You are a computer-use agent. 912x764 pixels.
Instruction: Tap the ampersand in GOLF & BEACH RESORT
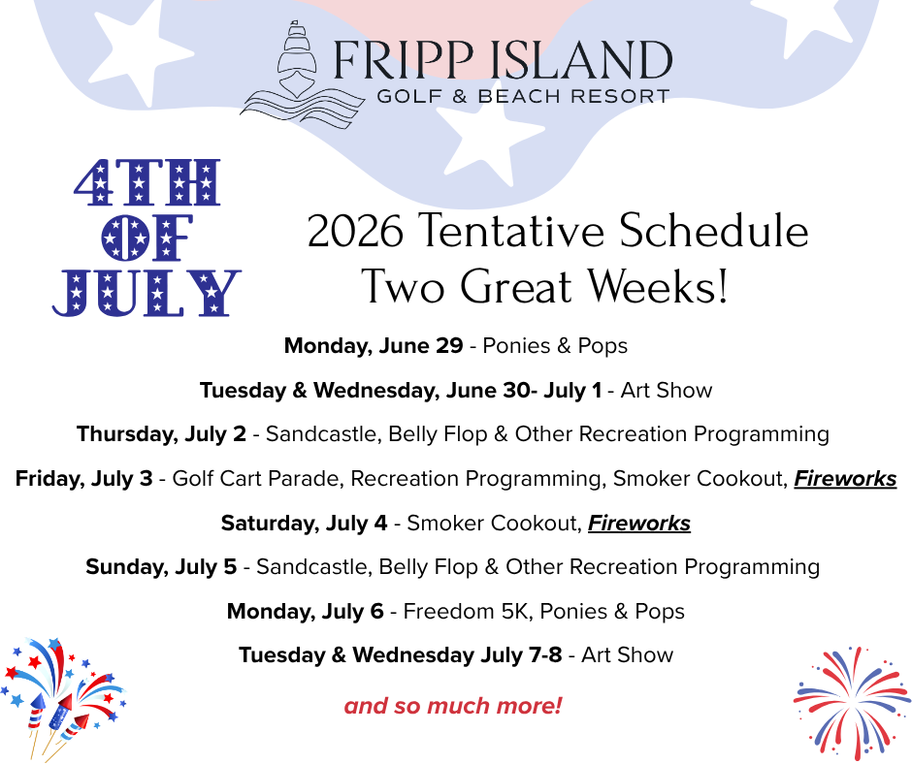pyautogui.click(x=460, y=96)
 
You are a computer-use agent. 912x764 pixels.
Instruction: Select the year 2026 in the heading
pyautogui.click(x=355, y=231)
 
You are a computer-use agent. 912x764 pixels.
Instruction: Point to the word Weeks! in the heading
pyautogui.click(x=657, y=286)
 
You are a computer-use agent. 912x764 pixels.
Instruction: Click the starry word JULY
pyautogui.click(x=147, y=293)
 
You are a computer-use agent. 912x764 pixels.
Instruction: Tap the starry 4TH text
pyautogui.click(x=147, y=182)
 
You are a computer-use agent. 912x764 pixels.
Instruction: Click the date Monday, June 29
pyautogui.click(x=374, y=345)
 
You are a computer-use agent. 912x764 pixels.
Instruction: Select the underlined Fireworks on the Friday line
pyautogui.click(x=845, y=479)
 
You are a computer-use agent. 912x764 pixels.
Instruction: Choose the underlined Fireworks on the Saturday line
pyautogui.click(x=639, y=523)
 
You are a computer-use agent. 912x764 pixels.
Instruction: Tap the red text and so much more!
pyautogui.click(x=453, y=706)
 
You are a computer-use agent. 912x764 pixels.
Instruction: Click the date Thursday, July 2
pyautogui.click(x=162, y=434)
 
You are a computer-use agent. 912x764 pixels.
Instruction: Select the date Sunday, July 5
pyautogui.click(x=161, y=567)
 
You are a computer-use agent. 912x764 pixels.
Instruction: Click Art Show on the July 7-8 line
pyautogui.click(x=627, y=655)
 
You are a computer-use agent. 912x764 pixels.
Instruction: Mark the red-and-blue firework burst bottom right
pyautogui.click(x=851, y=702)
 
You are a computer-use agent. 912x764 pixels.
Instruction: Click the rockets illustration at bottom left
pyautogui.click(x=61, y=698)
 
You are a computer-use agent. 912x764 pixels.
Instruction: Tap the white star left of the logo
pyautogui.click(x=140, y=53)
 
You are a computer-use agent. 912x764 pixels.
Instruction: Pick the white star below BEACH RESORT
pyautogui.click(x=490, y=142)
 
